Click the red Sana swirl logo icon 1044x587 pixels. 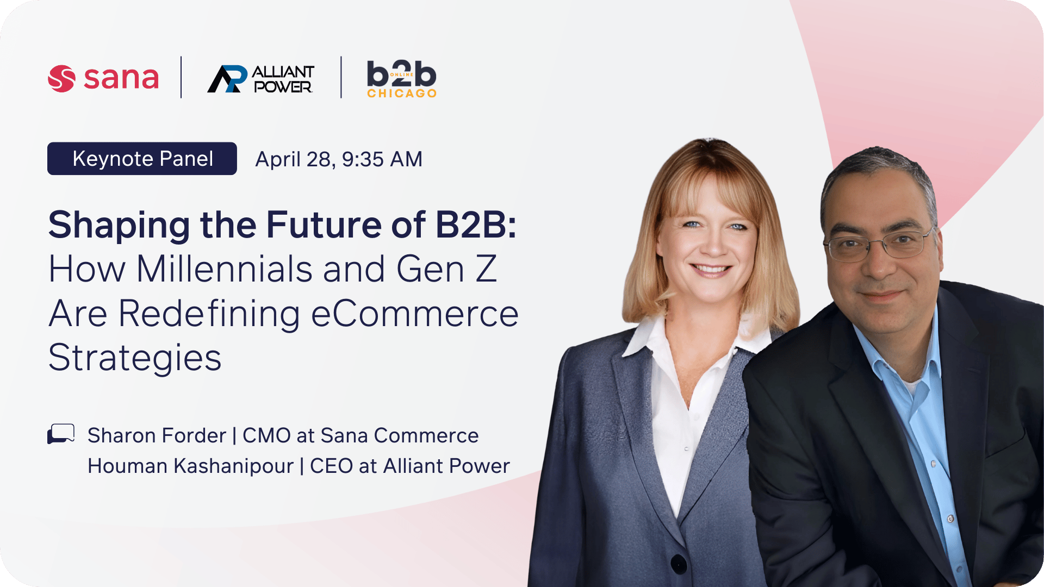pos(61,78)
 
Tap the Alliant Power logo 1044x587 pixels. pos(260,79)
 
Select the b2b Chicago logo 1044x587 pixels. pos(402,79)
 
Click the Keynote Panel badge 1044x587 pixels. pos(142,159)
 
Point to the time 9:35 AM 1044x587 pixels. pos(382,159)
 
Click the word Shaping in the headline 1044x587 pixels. pos(119,226)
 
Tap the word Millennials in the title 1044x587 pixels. pos(225,269)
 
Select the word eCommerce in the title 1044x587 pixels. pos(415,314)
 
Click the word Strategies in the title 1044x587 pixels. pos(135,358)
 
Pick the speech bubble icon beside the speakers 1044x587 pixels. pos(61,434)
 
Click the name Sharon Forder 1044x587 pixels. pos(157,435)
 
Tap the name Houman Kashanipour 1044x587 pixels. pos(190,466)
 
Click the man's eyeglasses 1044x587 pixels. pos(878,244)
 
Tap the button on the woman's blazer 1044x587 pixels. pos(679,563)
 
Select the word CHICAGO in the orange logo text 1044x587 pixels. pos(402,93)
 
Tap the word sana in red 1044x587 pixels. pos(121,78)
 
